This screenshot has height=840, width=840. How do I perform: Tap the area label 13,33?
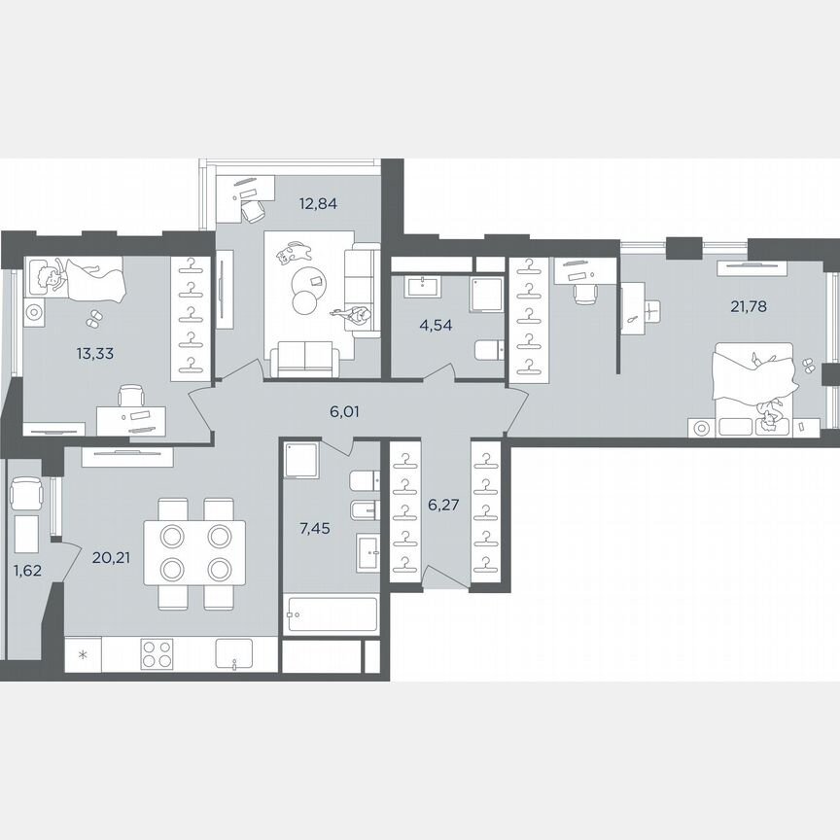[94, 353]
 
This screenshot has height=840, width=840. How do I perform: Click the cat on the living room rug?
[291, 255]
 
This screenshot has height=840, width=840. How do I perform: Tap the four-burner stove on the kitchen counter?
[157, 653]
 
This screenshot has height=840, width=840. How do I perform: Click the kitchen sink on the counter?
[234, 654]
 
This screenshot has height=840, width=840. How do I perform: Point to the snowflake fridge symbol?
[83, 653]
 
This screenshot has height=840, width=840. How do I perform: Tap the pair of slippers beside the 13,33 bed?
[94, 317]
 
